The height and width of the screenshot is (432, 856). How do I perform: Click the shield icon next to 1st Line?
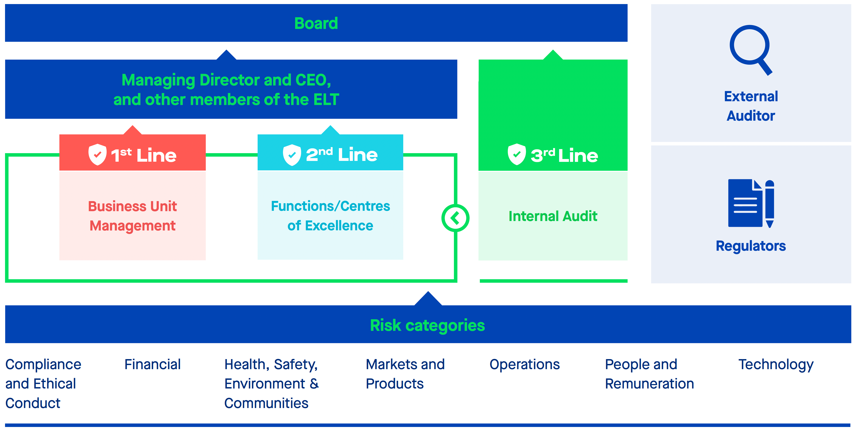(x=97, y=155)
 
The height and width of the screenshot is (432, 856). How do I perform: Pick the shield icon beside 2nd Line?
(x=292, y=155)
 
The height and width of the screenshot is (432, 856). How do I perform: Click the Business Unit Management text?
(x=132, y=216)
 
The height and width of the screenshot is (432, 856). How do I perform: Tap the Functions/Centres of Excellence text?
(x=330, y=216)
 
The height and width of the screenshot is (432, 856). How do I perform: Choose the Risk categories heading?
(x=427, y=325)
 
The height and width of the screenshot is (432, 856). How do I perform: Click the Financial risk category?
(x=153, y=365)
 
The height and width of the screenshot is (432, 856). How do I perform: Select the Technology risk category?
(x=776, y=365)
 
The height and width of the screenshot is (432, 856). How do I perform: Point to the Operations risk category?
(x=524, y=365)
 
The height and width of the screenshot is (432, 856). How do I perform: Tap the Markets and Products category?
(x=405, y=374)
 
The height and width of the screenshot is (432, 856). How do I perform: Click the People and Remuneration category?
(x=649, y=374)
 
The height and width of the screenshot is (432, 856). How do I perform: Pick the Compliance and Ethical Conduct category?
(x=43, y=384)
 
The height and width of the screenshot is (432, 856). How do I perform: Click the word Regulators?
(x=751, y=246)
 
